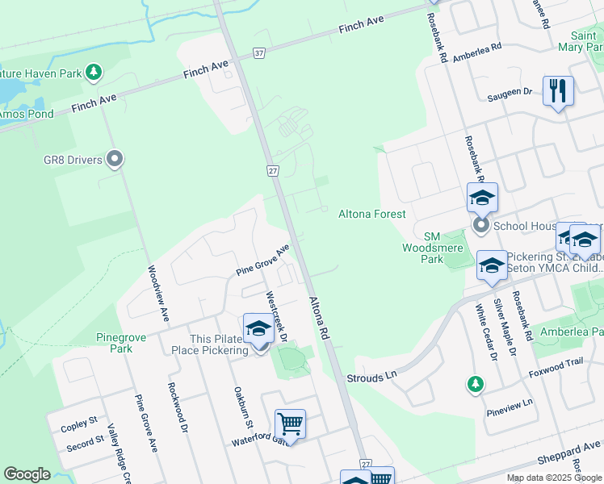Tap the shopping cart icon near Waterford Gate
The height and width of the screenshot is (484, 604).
(x=290, y=423)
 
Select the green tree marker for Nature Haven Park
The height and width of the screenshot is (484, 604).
(x=94, y=73)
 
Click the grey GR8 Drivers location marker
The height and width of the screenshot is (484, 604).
(x=115, y=160)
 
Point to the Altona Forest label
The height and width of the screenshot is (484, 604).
(x=371, y=214)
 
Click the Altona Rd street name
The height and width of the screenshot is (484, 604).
(x=320, y=317)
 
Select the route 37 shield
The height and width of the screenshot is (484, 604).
(x=258, y=53)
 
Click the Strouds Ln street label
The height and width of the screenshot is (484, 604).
(x=372, y=377)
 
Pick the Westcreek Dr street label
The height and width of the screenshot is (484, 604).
(x=276, y=315)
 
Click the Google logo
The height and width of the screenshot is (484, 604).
(x=27, y=474)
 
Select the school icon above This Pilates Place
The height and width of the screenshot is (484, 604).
(x=258, y=328)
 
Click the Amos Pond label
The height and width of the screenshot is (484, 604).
(x=26, y=114)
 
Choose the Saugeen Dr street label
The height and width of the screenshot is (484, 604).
(x=510, y=93)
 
